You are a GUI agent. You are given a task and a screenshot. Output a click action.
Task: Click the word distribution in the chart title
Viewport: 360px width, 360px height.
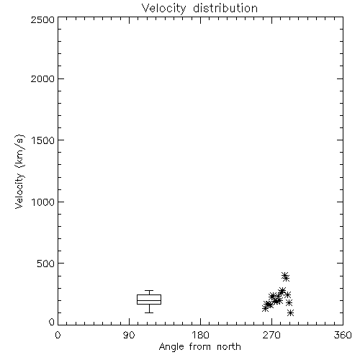coord(225,8)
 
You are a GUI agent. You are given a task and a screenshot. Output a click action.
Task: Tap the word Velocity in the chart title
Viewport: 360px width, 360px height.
coord(163,9)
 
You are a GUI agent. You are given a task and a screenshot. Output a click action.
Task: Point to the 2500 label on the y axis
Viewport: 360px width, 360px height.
coord(42,19)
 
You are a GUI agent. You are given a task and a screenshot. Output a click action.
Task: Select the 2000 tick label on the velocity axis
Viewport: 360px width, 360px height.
coord(42,79)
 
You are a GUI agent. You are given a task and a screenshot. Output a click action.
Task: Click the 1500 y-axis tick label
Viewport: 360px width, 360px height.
coord(43,140)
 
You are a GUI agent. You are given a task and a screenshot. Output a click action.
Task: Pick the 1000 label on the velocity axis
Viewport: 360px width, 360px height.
coord(43,202)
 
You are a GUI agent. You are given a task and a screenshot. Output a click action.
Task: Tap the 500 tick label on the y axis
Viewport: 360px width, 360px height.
coord(46,264)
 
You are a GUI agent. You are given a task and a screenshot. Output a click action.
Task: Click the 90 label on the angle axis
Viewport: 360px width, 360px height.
coord(129,335)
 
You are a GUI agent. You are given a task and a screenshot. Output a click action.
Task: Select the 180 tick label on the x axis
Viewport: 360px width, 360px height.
coord(200,335)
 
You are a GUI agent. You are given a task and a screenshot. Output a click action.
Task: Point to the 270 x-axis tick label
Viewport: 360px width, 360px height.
coord(271,335)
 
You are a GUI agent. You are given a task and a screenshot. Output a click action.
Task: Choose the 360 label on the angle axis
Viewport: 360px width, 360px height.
coord(343,335)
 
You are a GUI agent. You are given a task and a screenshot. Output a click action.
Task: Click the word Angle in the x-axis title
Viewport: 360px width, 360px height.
coord(171,347)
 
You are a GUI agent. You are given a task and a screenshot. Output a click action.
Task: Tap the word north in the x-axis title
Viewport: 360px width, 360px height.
coord(229,347)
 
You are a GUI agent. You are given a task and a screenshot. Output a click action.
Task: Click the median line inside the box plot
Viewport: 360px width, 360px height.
coord(149,300)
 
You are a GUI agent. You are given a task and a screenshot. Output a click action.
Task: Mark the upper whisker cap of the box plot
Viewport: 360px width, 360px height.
coord(149,291)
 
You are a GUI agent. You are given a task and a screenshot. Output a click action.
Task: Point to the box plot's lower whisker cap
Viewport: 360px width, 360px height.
coord(149,312)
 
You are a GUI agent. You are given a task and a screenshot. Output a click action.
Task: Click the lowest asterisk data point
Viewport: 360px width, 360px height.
coord(290,312)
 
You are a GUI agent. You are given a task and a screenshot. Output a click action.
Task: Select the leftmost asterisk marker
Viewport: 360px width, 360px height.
coord(265,308)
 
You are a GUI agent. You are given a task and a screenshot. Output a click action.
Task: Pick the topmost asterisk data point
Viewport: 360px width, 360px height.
coord(284,275)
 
